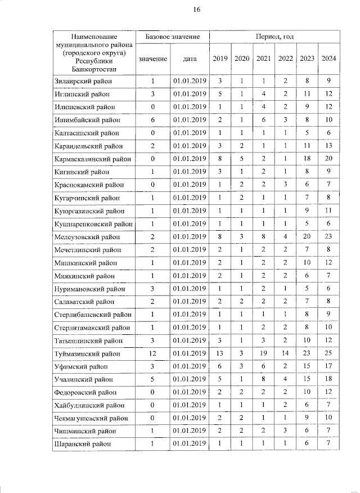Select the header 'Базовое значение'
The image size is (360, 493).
tap(172, 37)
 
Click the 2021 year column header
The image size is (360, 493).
tap(263, 59)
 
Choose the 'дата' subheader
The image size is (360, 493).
tap(190, 59)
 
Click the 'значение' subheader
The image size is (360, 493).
tap(152, 59)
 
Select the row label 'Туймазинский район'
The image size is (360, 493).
tap(87, 353)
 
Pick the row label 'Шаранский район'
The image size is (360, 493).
tap(83, 444)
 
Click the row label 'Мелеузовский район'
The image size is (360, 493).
tap(87, 237)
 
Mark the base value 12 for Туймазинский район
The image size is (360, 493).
tap(152, 353)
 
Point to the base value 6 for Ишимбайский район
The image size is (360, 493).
tap(152, 120)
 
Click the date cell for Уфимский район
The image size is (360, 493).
tap(190, 366)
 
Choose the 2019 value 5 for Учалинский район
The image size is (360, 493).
tap(220, 379)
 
